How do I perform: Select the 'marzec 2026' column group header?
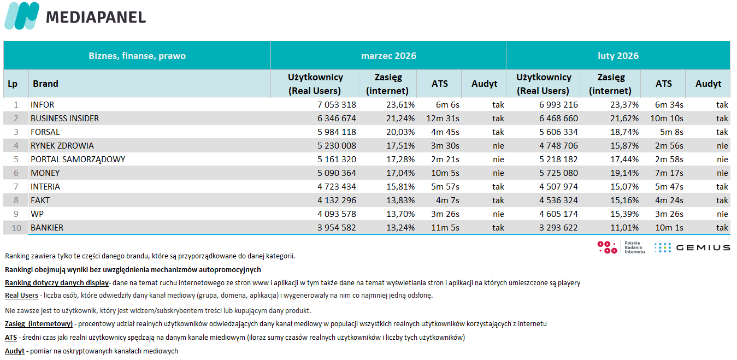[x=388, y=56]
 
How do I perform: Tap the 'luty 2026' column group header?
[x=618, y=56]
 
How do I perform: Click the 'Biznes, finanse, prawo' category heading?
[x=137, y=56]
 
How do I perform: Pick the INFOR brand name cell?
[x=43, y=105]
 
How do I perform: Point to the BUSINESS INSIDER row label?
[x=64, y=119]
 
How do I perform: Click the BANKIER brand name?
[x=47, y=228]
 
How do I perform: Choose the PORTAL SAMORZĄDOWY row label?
[x=78, y=160]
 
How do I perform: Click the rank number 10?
[x=16, y=228]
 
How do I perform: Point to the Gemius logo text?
[x=703, y=247]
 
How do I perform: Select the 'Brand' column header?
[x=45, y=84]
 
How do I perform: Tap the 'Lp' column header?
[x=13, y=84]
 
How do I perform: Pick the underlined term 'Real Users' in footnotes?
[x=21, y=296]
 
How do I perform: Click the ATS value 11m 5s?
[x=445, y=228]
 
